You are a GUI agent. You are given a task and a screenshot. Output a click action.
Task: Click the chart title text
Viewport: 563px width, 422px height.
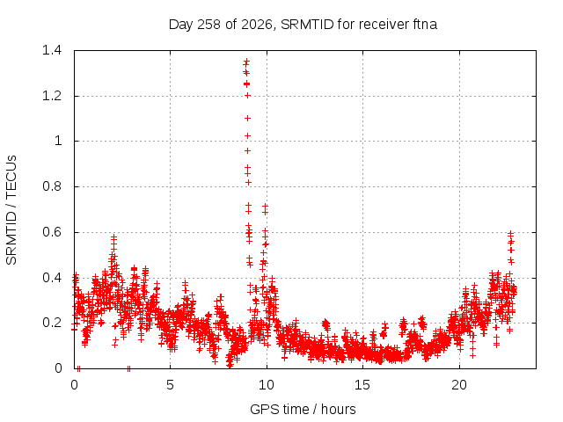[303, 25]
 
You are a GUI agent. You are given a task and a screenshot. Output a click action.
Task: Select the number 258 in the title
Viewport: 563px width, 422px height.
[209, 25]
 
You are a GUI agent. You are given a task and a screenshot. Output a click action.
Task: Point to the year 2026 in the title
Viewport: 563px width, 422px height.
[257, 25]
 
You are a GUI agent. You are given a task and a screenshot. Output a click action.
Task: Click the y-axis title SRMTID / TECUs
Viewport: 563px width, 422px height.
[11, 210]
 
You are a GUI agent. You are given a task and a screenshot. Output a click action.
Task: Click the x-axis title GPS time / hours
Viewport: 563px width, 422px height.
[303, 409]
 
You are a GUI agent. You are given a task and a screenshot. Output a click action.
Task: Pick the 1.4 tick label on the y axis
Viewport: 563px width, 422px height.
[52, 50]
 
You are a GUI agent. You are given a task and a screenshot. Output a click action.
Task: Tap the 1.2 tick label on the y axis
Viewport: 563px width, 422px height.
[52, 96]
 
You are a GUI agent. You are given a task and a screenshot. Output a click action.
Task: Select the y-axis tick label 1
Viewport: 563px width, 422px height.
[58, 141]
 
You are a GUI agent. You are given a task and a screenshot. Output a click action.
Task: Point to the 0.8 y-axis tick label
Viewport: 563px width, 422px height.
[52, 186]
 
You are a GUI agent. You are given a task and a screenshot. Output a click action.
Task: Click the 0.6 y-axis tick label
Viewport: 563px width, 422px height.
[52, 232]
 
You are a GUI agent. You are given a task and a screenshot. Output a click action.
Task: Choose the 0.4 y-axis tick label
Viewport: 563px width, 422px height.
[52, 278]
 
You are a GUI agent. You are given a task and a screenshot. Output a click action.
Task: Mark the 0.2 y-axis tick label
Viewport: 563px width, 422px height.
[52, 323]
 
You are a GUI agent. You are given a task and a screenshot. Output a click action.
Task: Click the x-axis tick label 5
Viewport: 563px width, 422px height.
[170, 385]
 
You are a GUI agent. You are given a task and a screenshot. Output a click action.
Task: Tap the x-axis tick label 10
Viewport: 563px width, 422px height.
[266, 385]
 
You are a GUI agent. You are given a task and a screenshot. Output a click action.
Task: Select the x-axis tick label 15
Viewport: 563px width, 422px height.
[362, 385]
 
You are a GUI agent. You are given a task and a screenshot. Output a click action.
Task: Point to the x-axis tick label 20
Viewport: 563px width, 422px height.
[459, 385]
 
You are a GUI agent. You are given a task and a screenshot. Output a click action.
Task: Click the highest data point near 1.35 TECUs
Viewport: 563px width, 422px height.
[246, 62]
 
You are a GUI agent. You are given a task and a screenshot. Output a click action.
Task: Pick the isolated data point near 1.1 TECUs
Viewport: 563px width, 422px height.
[247, 118]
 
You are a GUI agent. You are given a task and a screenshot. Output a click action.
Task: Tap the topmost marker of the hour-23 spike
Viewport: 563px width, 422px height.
[510, 234]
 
